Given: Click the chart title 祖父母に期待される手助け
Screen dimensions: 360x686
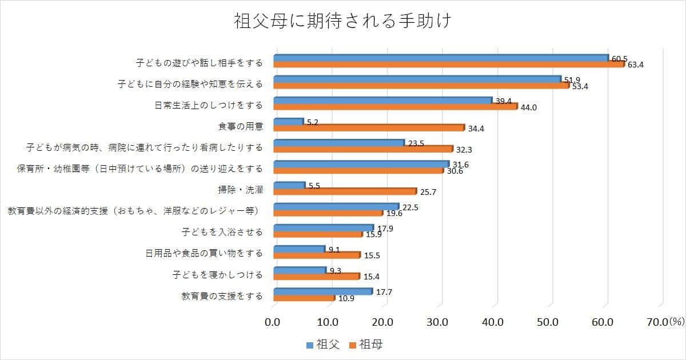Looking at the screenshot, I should (x=343, y=21).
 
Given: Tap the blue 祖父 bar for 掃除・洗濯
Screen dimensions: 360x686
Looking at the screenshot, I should (x=289, y=186).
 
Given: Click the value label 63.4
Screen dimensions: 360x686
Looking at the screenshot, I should (x=636, y=65).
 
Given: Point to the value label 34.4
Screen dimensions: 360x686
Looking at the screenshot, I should (x=477, y=129).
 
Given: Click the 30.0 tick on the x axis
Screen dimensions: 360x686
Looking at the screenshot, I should (x=437, y=322).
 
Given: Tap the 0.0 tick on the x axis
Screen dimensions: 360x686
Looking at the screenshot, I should (x=273, y=322).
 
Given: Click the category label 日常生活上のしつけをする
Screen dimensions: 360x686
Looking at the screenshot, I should (x=209, y=105).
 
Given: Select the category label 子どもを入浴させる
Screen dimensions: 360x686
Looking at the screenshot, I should (x=222, y=232).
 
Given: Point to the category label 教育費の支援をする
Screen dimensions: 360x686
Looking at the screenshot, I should (x=222, y=295).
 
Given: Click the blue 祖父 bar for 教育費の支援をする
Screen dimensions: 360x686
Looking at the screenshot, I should (x=323, y=291).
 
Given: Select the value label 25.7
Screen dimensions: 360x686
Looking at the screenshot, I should (x=428, y=192).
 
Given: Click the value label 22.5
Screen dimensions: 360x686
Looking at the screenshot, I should (x=410, y=208).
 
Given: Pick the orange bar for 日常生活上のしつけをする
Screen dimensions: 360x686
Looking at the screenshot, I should (x=395, y=107).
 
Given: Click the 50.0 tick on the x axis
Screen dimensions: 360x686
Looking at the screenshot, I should (x=548, y=322).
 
